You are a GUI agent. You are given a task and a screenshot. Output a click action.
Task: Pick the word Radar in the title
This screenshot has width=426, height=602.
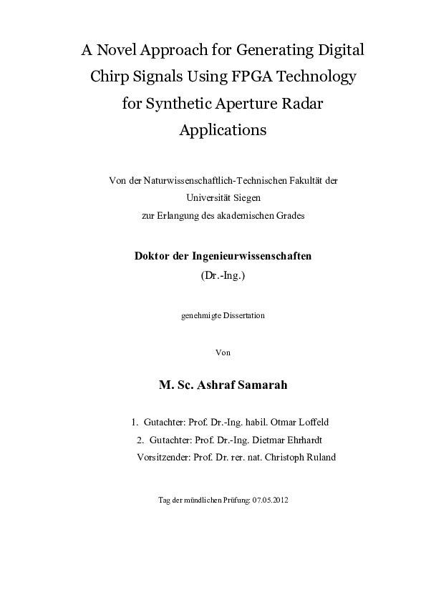point(302,104)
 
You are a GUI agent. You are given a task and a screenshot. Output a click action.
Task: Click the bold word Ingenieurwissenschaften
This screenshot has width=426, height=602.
point(257,255)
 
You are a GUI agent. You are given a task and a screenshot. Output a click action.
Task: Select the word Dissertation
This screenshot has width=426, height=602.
point(242,315)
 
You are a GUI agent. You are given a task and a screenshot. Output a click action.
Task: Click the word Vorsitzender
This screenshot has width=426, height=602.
point(163,458)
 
